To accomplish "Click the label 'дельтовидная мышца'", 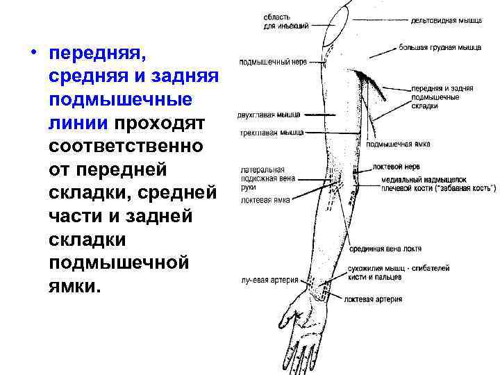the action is pos(447,21).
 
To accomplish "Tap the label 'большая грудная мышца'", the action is pos(440,48).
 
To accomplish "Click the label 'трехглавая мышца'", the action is pos(267,132).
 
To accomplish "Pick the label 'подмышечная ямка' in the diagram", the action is pos(398,144).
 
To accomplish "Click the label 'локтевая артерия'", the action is pos(372,299).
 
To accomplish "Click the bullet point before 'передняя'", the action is pos(34,53).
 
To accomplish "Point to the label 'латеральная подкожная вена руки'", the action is pos(267,178).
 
